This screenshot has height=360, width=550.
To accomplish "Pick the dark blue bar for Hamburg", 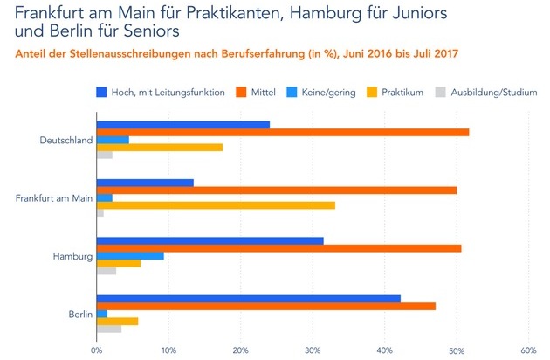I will [210, 240].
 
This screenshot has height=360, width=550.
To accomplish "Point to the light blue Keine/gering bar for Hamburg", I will [130, 255].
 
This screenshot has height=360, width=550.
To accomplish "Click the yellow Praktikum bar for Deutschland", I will [159, 147].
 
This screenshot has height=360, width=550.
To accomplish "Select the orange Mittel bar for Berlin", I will [265, 306].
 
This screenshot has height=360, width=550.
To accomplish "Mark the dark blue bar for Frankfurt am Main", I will [145, 183].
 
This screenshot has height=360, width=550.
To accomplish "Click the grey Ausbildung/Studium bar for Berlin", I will [108, 329].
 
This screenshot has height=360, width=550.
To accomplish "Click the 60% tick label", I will [527, 351].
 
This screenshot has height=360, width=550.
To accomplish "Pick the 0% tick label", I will [96, 351].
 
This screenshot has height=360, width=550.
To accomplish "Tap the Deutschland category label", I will [65, 140].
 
